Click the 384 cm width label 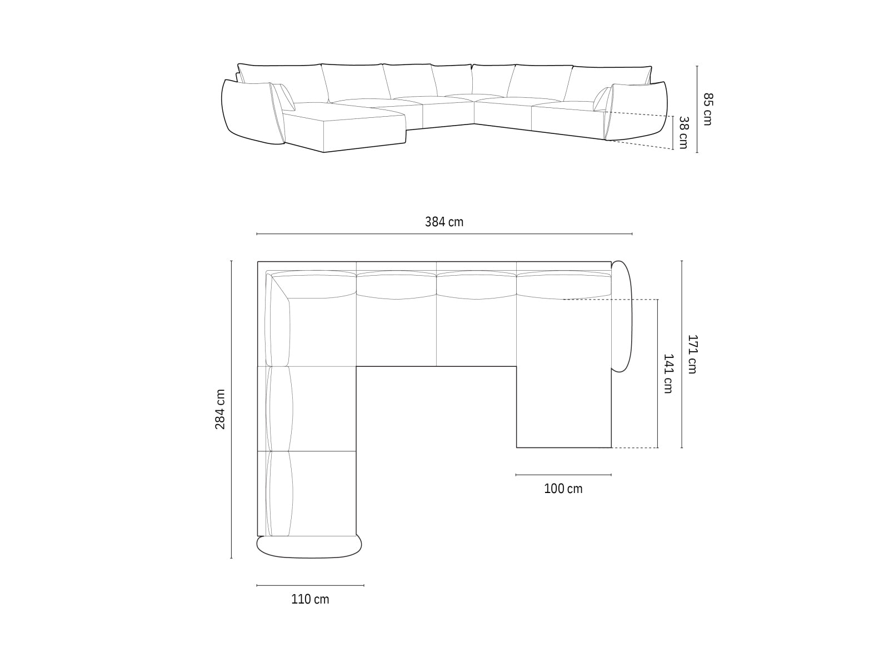point(444,222)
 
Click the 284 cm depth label point(220,409)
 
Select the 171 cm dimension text point(692,354)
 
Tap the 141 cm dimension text point(668,374)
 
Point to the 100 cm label point(563,489)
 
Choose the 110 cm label point(310,599)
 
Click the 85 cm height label point(707,109)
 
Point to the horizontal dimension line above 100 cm point(563,475)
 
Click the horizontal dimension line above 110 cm point(310,585)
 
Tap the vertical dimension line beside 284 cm point(232,409)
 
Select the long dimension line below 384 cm point(444,234)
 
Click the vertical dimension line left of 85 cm point(697,109)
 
